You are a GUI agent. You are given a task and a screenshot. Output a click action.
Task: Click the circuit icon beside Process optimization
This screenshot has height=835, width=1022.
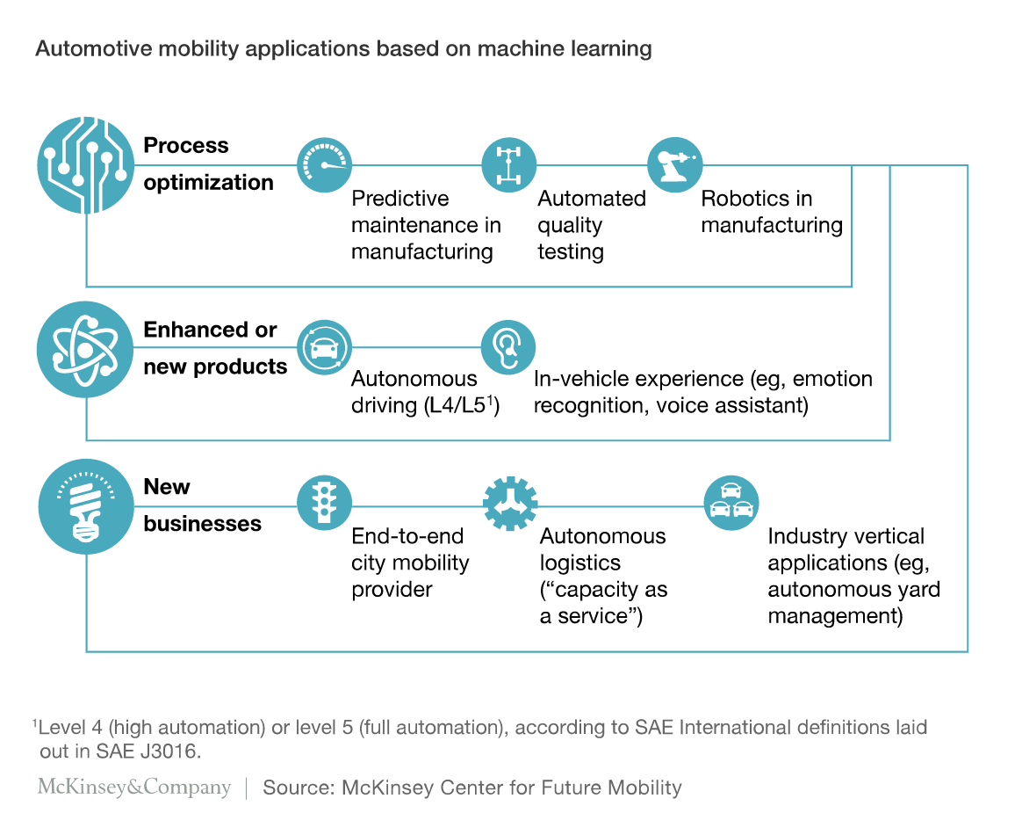85,165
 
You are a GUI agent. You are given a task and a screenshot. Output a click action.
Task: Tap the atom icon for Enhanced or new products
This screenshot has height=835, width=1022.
85,349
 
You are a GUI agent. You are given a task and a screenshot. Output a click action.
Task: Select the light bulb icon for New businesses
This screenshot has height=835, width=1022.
85,507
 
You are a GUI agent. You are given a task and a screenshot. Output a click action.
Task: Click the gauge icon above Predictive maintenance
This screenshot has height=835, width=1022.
325,165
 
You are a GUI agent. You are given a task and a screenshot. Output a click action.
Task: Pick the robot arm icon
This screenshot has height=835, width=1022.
675,165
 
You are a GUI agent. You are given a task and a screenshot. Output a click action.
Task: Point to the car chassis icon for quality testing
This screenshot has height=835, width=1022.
509,165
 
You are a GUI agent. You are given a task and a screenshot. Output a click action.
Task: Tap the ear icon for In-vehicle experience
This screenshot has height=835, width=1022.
508,348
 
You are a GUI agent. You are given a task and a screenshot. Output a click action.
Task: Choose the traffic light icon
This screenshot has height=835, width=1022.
325,503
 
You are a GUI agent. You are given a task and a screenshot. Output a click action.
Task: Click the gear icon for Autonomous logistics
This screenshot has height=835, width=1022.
510,503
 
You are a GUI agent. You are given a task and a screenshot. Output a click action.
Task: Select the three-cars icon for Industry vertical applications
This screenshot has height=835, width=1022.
731,503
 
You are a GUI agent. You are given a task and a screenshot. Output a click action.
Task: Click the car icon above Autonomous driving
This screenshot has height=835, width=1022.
325,348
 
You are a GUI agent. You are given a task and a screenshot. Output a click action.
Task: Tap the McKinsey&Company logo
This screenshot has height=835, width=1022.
134,787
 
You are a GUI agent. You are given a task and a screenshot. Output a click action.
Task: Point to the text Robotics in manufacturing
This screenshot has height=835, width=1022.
772,211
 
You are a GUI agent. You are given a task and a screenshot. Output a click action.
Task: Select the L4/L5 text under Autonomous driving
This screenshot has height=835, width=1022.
457,405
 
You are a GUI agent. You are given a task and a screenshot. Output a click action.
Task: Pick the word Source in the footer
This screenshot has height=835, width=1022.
299,788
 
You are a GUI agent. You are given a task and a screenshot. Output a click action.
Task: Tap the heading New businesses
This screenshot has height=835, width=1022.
202,505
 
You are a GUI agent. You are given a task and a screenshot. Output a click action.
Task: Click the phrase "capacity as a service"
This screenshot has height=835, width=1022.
603,602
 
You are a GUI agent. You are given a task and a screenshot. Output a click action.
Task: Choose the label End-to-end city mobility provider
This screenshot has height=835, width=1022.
410,563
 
